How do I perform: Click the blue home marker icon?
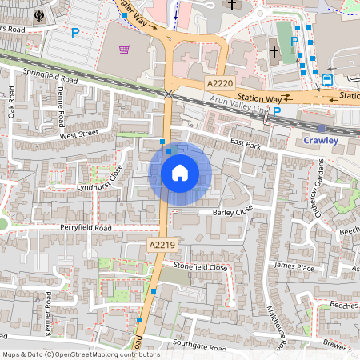tap(180, 172)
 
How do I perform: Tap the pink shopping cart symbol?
tap(125, 50)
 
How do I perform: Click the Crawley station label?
tap(322, 140)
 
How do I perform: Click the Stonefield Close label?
tap(196, 266)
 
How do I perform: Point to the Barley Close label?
tap(233, 212)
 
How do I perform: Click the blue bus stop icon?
tap(327, 79)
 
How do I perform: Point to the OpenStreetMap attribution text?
tap(81, 354)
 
